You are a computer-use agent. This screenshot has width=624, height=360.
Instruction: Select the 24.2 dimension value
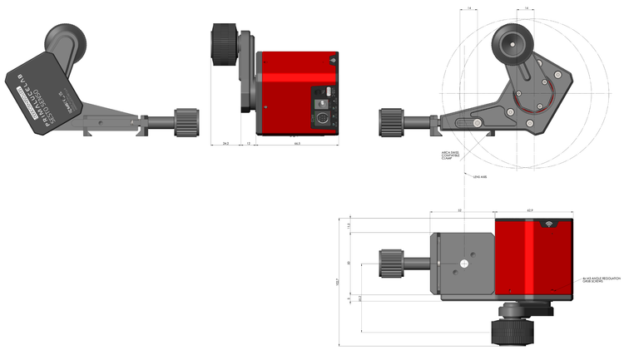[225, 143]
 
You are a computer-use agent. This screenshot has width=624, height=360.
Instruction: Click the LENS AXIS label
[479, 176]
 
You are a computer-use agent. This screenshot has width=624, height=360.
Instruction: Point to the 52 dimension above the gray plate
[460, 210]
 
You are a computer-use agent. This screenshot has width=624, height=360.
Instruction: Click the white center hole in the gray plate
[464, 264]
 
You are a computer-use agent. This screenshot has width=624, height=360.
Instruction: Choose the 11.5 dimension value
[350, 226]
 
